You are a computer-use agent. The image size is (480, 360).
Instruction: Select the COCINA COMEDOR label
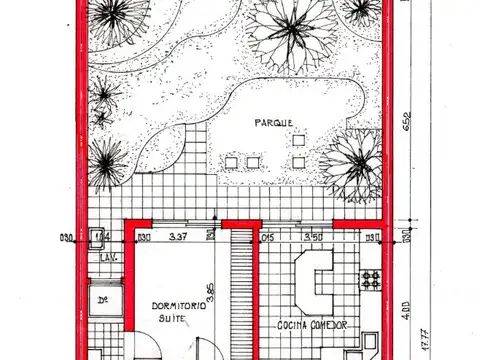point(312,326)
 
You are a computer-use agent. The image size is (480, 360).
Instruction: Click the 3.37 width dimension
point(181,237)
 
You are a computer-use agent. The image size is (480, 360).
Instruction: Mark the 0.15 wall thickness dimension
point(267,237)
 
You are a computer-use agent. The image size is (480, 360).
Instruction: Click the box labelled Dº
point(102,299)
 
